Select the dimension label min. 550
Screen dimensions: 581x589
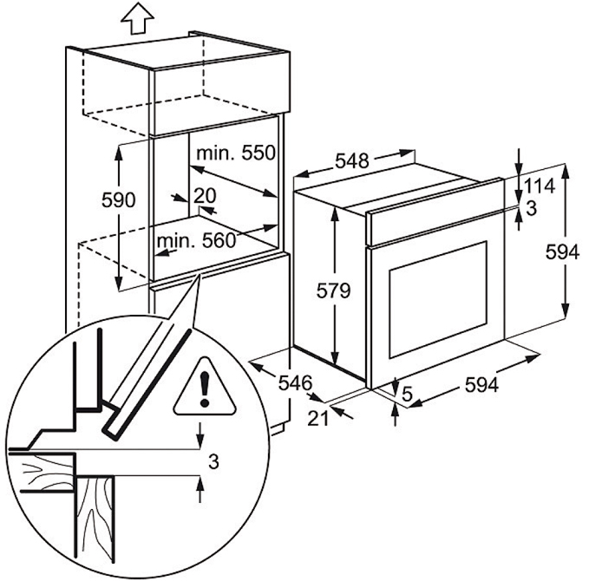[234, 153]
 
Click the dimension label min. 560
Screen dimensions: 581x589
[196, 240]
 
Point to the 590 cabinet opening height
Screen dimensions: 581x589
[118, 200]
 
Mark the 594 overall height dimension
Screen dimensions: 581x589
[563, 252]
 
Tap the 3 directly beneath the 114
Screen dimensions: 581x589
[531, 208]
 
